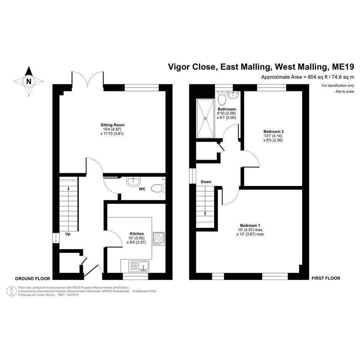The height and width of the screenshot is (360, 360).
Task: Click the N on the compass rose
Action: tap(29, 81)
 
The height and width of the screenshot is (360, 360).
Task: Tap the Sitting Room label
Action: tap(112, 125)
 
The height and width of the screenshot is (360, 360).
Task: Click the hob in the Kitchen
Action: tap(158, 238)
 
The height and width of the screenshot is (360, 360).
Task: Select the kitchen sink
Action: tap(139, 266)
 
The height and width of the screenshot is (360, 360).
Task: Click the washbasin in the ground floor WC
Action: tap(133, 181)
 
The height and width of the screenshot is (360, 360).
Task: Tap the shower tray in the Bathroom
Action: tap(205, 118)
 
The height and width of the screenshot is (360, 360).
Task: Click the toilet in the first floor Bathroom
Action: tap(222, 98)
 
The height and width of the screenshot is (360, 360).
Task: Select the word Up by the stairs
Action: tap(68, 234)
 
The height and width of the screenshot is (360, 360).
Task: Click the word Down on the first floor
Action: tap(206, 182)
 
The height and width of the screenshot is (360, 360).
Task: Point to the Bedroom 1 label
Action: tap(250, 226)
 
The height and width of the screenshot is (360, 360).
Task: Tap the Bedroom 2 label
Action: tap(274, 131)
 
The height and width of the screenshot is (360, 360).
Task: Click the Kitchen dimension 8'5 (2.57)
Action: tap(136, 242)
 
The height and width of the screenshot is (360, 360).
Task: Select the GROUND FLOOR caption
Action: tap(32, 279)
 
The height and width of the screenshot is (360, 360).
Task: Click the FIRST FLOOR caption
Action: tap(326, 278)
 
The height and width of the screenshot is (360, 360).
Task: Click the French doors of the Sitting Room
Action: tap(88, 79)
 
